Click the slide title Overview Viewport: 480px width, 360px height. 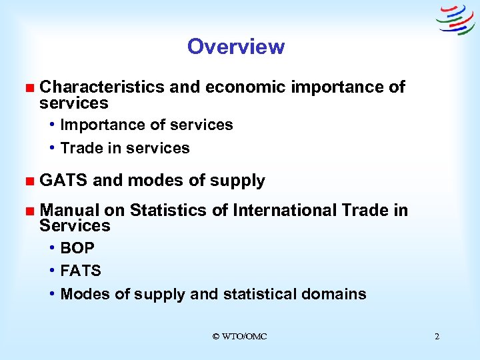(235, 47)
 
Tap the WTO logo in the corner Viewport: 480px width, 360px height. (455, 19)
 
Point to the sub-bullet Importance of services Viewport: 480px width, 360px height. (146, 125)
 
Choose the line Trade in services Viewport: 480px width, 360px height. (125, 148)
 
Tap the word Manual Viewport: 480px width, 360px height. (69, 211)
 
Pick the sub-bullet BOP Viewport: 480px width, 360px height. (77, 248)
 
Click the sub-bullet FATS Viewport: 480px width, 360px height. (81, 271)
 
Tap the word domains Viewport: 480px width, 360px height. (337, 294)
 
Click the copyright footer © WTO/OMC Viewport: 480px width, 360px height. (239, 337)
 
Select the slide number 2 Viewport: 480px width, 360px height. (437, 337)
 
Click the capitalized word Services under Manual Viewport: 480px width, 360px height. (75, 226)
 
